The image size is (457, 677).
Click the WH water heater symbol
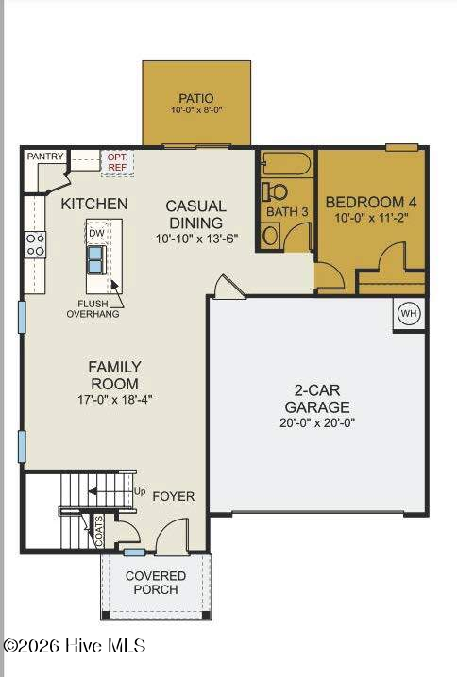tap(409, 313)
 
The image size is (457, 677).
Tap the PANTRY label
tap(45, 157)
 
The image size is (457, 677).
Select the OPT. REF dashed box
tap(118, 163)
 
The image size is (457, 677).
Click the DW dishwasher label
tap(97, 234)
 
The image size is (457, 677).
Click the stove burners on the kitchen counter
tap(35, 244)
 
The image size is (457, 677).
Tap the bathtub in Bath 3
tap(287, 163)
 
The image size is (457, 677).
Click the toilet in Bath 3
tap(275, 191)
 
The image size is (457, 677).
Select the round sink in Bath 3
tap(271, 236)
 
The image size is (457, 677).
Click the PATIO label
tap(196, 98)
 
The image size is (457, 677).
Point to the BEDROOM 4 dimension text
tap(371, 218)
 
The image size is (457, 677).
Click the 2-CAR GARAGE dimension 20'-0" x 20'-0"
tap(317, 423)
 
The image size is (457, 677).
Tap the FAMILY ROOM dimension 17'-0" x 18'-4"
tap(114, 400)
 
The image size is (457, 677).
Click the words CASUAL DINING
tap(195, 214)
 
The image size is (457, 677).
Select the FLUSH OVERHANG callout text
tap(93, 308)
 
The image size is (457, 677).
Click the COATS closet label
tap(99, 532)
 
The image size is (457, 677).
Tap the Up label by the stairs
tap(139, 492)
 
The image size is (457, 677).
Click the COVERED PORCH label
tap(156, 583)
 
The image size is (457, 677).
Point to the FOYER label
tap(174, 497)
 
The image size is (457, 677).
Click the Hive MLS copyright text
tap(75, 646)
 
